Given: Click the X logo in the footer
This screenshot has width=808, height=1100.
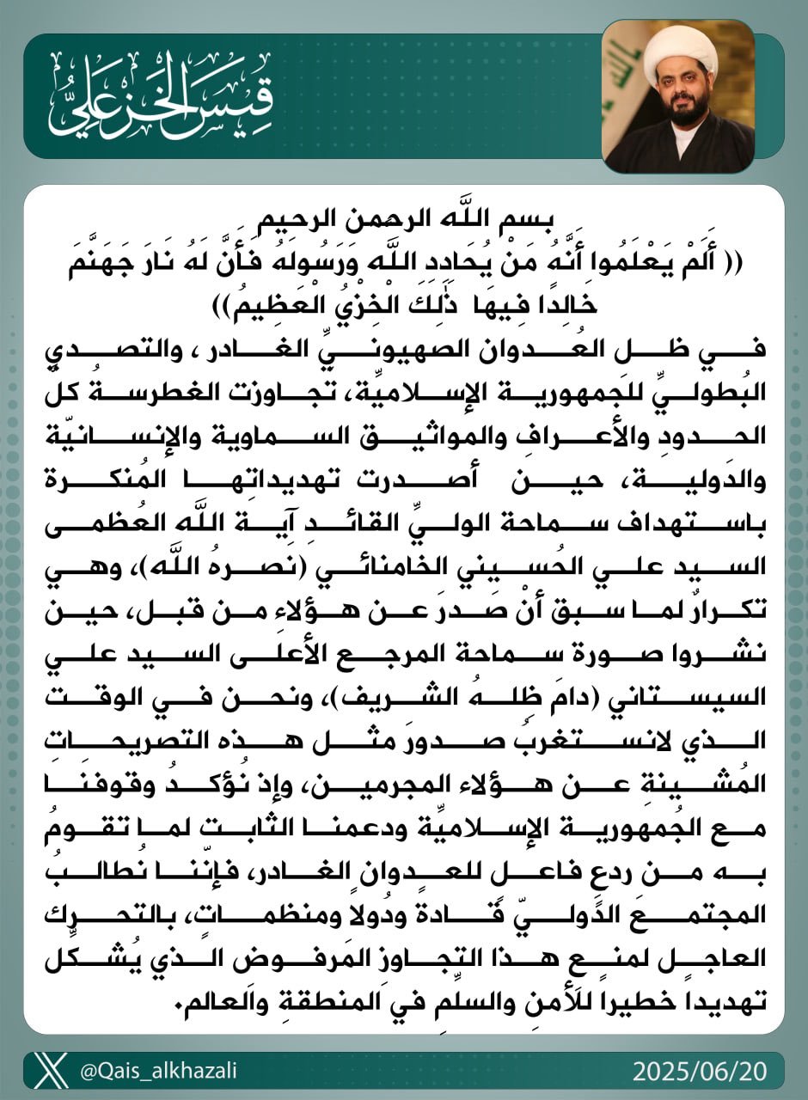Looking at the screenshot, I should pyautogui.click(x=53, y=1072).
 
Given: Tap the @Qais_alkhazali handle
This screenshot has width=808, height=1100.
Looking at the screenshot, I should pyautogui.click(x=158, y=1072).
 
